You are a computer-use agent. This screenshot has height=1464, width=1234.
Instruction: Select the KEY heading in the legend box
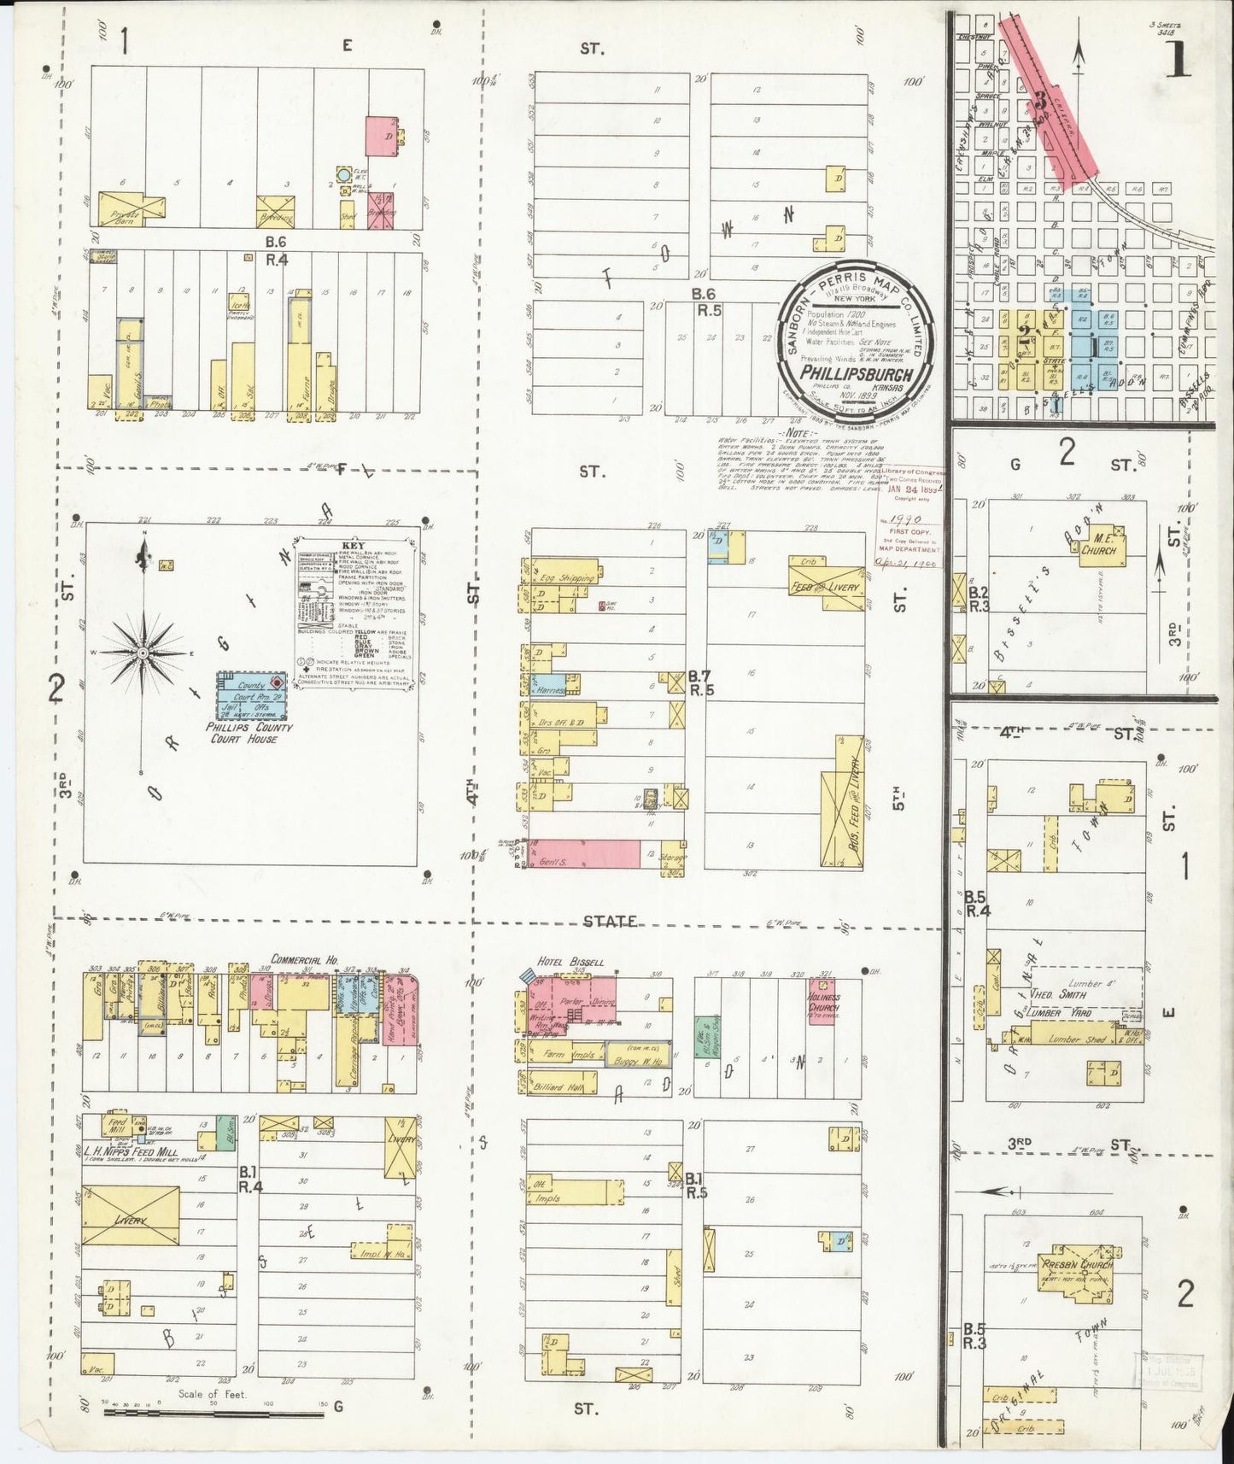click(353, 544)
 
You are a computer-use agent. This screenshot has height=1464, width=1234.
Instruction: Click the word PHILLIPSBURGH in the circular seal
click(857, 374)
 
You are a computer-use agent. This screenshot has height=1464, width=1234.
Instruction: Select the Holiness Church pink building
click(822, 1001)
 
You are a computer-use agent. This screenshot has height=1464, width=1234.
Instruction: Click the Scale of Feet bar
click(213, 1414)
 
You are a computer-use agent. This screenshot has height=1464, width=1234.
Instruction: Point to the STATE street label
click(610, 921)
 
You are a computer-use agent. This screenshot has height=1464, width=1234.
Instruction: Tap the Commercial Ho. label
click(304, 960)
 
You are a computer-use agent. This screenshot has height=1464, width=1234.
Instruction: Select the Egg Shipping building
click(564, 578)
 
